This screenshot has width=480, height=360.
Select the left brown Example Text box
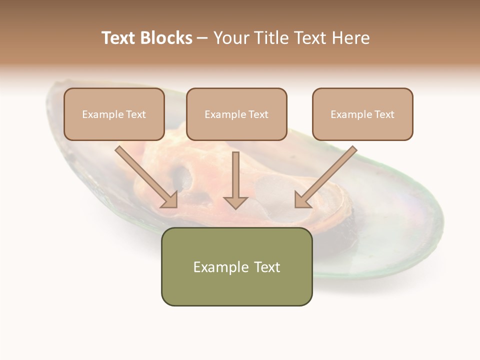[114, 114]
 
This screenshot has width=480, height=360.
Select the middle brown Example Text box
[236, 114]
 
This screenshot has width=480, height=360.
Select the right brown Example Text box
[362, 114]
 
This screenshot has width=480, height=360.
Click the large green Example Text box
[236, 267]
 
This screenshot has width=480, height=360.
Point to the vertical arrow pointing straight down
[235, 180]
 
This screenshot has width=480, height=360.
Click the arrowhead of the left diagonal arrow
[170, 200]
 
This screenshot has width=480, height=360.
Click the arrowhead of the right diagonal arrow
[302, 200]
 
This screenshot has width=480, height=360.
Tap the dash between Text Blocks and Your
[202, 38]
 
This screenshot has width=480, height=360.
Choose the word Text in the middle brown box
[258, 114]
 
